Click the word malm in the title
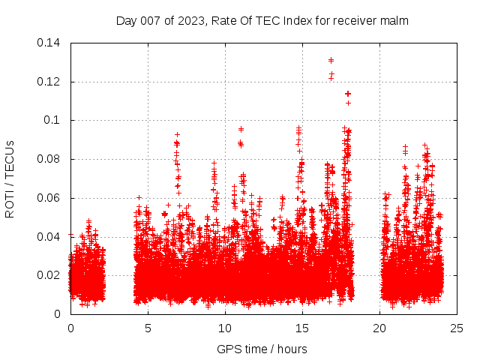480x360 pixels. click(394, 21)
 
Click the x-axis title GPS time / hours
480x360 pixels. click(262, 349)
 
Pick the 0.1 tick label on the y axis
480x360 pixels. click(54, 120)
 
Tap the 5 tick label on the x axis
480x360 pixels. click(148, 328)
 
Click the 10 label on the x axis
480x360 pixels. click(225, 328)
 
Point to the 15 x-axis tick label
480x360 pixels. click(302, 328)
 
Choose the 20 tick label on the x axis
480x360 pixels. click(379, 328)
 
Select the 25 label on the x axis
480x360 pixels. click(457, 328)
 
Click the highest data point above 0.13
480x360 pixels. click(331, 60)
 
